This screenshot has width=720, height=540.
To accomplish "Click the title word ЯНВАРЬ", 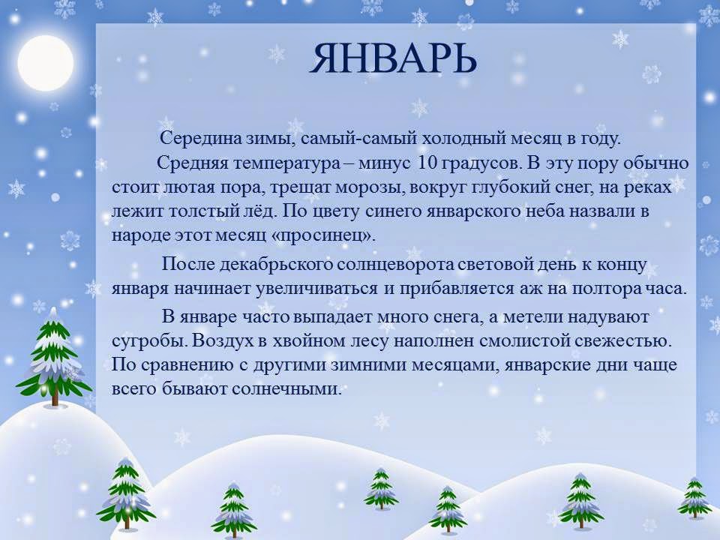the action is (x=394, y=58).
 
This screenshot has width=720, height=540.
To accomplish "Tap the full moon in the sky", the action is (x=46, y=63).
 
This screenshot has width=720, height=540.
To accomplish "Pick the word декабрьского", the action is (x=276, y=265).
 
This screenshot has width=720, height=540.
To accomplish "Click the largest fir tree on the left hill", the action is (x=54, y=356).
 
